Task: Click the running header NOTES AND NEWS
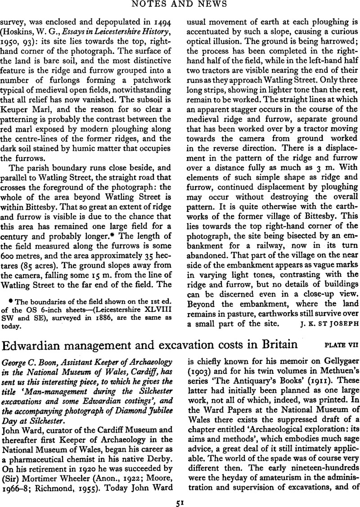point(180,5)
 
